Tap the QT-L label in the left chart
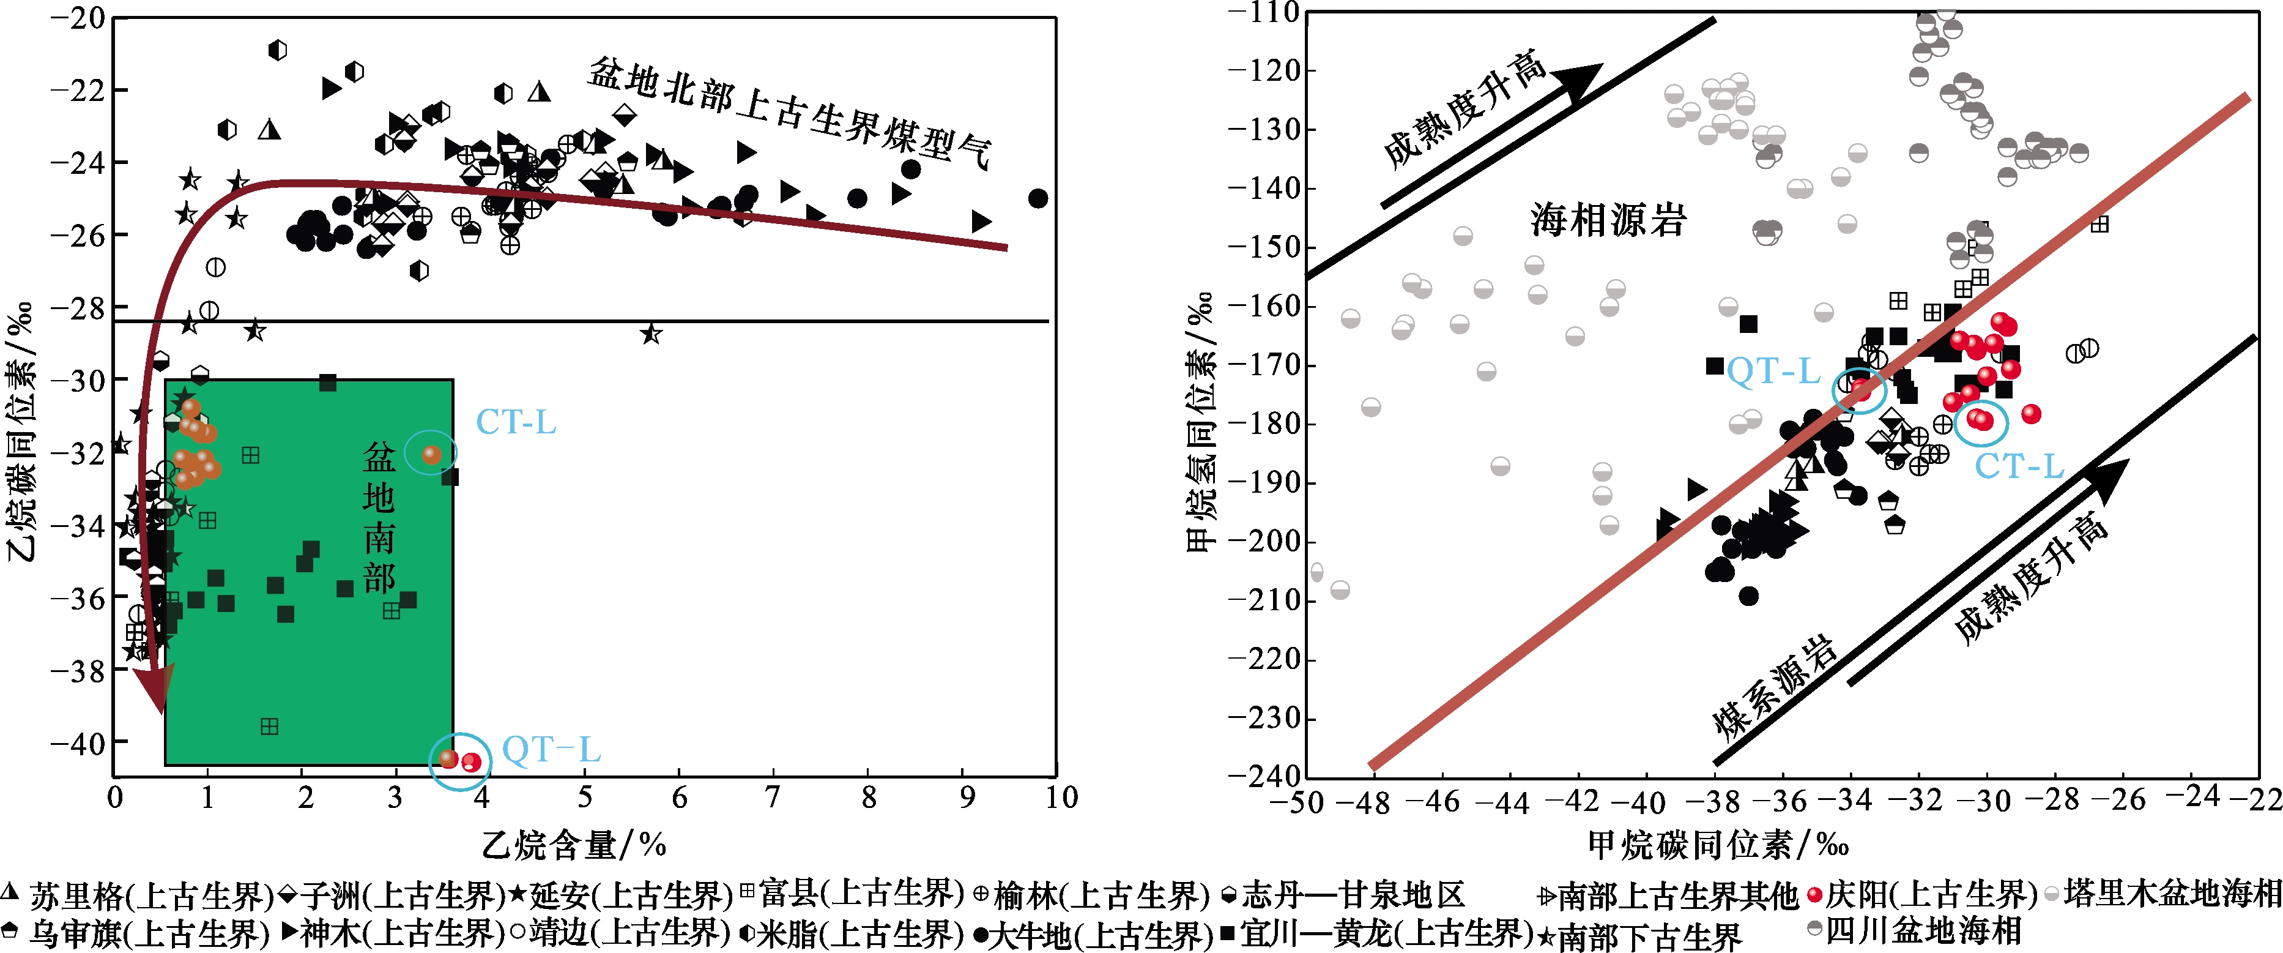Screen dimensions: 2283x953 pos(551,750)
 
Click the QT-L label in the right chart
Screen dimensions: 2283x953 pos(1773,370)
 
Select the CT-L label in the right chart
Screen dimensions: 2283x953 pos(2020,465)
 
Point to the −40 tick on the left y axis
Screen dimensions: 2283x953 pos(78,743)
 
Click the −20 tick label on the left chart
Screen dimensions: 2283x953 pos(78,18)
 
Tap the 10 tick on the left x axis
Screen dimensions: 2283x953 pos(1061,797)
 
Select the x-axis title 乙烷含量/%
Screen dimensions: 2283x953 pos(574,845)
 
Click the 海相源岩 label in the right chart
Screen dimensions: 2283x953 pos(1608,220)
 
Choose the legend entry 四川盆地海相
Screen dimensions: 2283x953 pos(1914,931)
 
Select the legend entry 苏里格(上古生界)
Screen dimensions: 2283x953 pos(138,896)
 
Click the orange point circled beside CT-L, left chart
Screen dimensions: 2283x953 pos(432,455)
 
